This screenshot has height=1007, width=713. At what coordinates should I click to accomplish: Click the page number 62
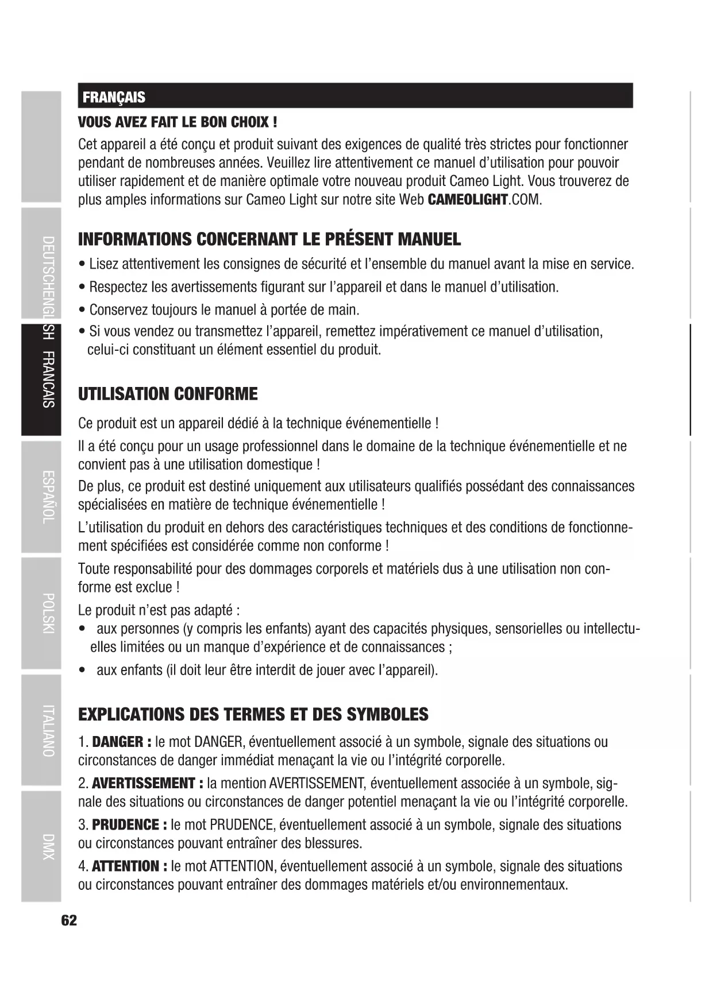pos(69,920)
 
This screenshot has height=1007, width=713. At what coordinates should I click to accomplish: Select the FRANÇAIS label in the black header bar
pos(114,97)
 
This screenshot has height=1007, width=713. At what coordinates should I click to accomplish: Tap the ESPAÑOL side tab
pos(48,497)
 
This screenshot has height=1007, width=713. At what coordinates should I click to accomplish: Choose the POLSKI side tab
pos(48,613)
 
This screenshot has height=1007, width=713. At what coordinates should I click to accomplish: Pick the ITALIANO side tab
pos(48,730)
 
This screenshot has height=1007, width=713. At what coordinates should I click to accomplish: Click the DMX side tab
pos(48,846)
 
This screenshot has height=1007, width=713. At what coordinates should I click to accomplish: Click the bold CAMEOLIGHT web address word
pos(468,200)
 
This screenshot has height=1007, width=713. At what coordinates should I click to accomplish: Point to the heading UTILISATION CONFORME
pos(168,394)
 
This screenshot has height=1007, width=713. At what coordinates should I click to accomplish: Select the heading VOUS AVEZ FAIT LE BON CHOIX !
pos(178,122)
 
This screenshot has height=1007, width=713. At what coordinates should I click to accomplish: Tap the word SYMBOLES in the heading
pos(388,714)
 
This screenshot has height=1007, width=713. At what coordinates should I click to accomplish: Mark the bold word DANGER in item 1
pos(118,742)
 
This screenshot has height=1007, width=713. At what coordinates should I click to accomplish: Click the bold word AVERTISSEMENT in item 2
pos(144,783)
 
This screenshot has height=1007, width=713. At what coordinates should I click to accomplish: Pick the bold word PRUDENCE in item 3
pos(126,824)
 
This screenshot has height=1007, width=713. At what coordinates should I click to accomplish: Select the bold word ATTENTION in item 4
pos(126,866)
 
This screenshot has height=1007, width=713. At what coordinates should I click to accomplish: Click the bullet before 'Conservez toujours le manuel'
pos(82,311)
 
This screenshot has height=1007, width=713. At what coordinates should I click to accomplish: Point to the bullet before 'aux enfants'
pos(84,671)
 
